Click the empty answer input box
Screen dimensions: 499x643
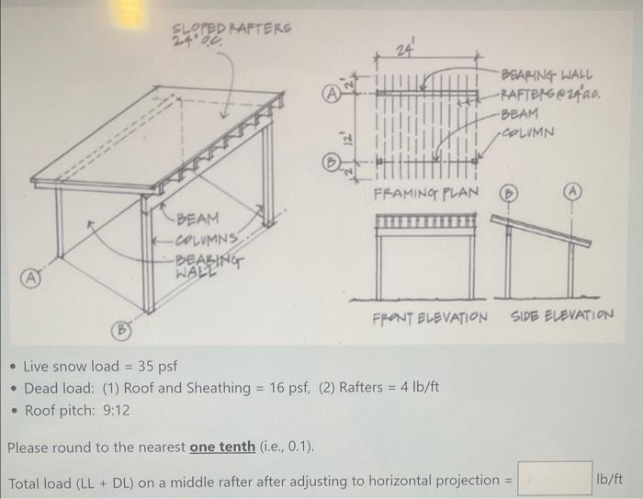click(555, 479)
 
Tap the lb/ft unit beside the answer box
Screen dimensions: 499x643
click(610, 479)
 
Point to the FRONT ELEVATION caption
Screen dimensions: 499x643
click(430, 317)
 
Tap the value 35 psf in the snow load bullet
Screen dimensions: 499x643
click(158, 367)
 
